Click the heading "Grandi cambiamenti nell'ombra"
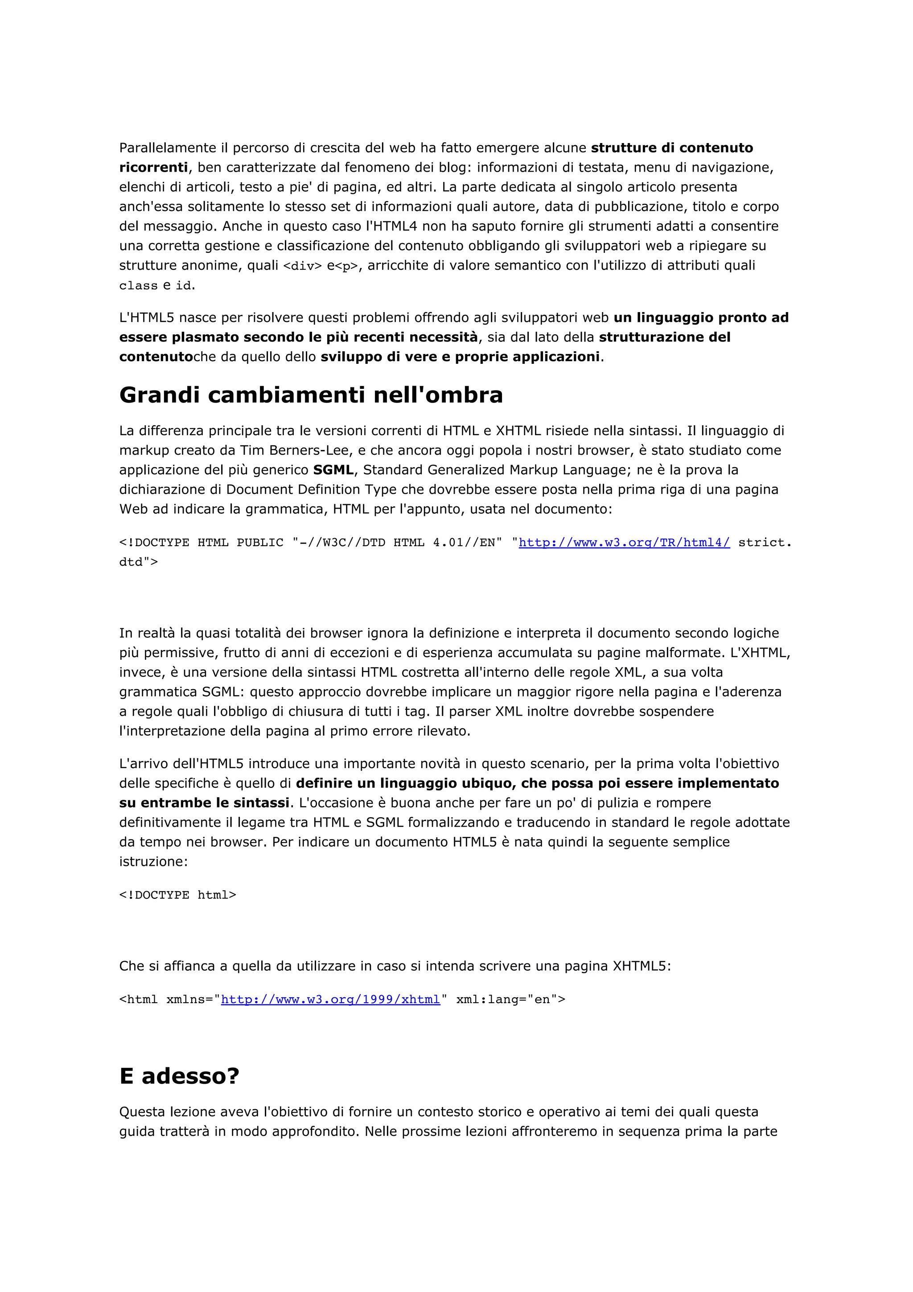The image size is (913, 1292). (311, 395)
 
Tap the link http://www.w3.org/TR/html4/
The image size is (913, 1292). (624, 543)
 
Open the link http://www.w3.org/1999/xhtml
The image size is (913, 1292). (330, 1000)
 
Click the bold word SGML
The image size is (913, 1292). (333, 470)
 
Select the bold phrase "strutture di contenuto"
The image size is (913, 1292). (672, 148)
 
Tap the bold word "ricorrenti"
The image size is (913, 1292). (153, 168)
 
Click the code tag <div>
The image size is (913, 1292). (302, 266)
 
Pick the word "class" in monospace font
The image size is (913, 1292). (138, 286)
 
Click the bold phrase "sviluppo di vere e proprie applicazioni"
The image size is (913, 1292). (460, 357)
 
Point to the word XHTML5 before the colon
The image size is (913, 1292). (639, 966)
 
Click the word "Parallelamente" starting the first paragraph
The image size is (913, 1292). (168, 148)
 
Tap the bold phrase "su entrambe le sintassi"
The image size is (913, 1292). (204, 803)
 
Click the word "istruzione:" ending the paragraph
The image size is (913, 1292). (153, 861)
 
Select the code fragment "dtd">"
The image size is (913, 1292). (138, 562)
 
